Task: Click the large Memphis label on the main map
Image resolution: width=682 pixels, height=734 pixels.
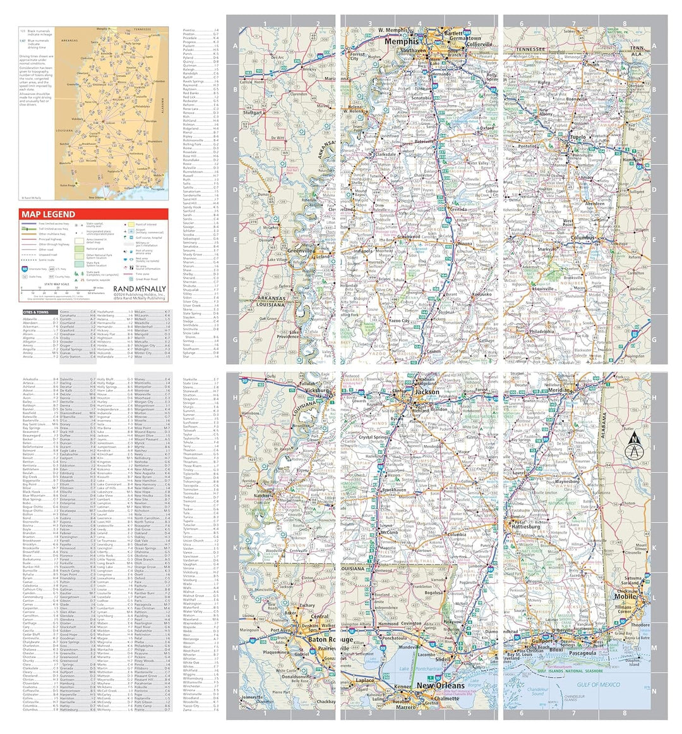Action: (402, 42)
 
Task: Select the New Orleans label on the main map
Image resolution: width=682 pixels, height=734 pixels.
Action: (440, 686)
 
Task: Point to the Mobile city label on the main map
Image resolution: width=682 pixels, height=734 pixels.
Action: (625, 596)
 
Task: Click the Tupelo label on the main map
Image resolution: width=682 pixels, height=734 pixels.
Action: (577, 137)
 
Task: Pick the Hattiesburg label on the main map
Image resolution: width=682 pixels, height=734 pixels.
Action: (525, 526)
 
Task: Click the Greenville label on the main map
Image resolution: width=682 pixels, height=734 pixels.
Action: (301, 251)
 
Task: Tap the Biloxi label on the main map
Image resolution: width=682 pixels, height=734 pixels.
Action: (556, 649)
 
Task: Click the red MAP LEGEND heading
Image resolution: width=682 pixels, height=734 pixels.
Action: (48, 214)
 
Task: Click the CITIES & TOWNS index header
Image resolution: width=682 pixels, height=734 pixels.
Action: (35, 312)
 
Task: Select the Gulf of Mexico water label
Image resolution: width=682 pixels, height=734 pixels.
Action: (598, 685)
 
